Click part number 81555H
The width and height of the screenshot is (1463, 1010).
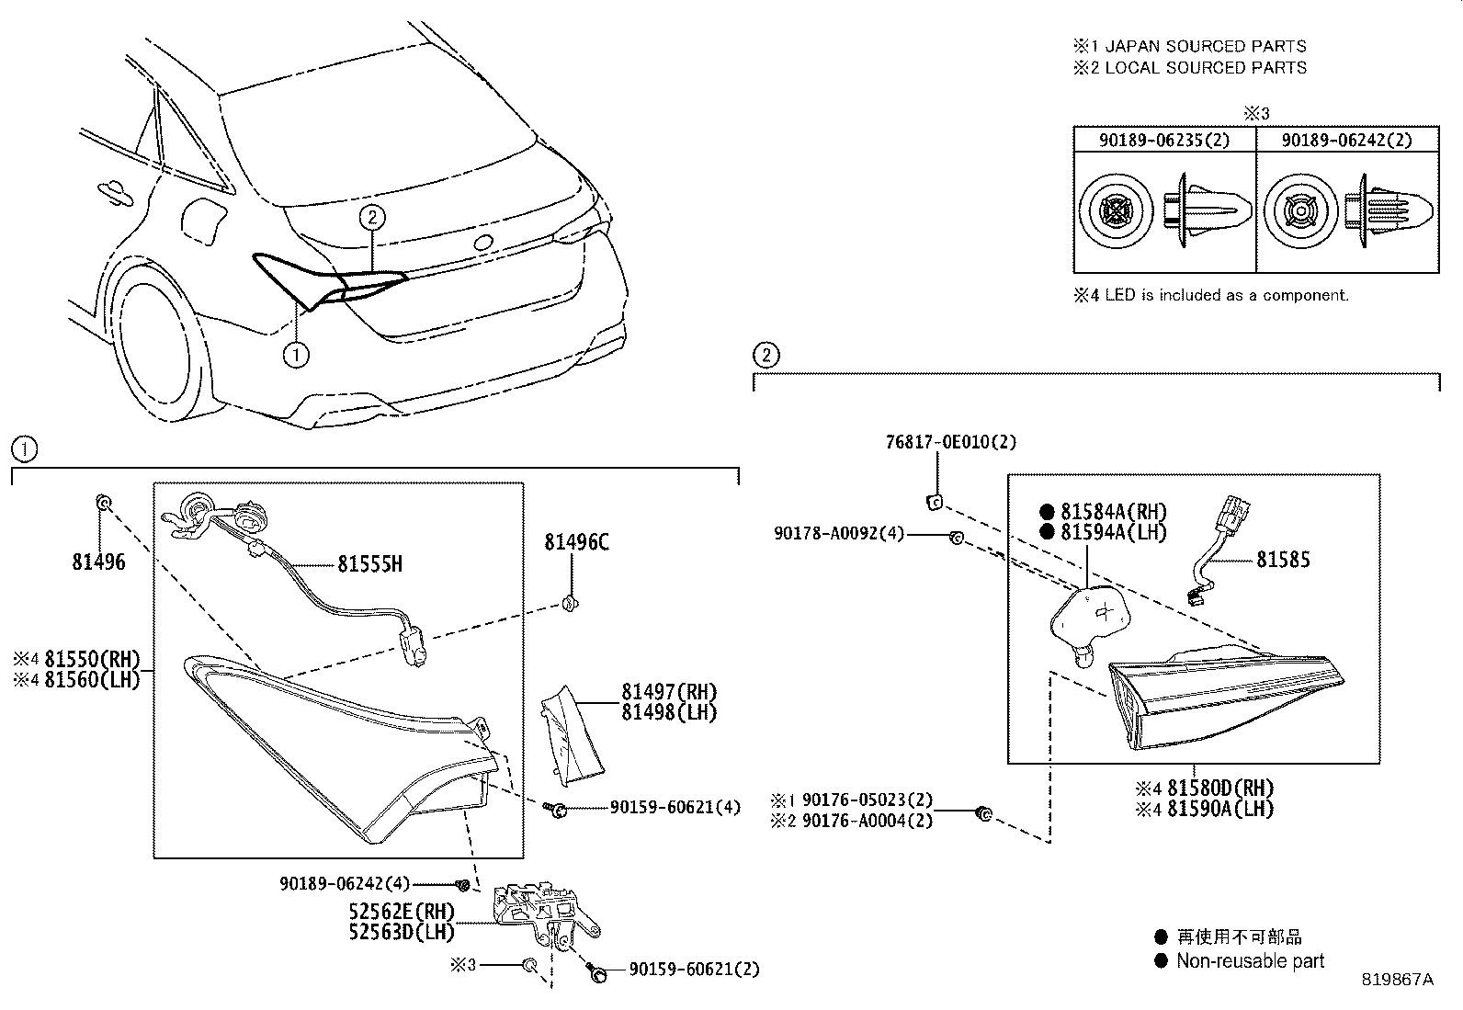point(369,563)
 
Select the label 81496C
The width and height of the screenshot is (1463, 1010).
point(576,541)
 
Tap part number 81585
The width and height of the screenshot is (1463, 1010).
point(1283,560)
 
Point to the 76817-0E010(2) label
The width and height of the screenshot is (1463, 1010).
point(951,442)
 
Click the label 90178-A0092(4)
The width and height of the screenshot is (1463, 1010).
point(839,532)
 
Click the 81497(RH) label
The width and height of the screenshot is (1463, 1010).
point(668,692)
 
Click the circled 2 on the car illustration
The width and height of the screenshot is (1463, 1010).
point(371,217)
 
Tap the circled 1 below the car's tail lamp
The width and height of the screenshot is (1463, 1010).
point(296,354)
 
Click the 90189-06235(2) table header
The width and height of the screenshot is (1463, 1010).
point(1164,140)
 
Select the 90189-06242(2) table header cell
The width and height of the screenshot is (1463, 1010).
point(1346,140)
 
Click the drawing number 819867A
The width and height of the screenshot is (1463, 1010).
point(1397,980)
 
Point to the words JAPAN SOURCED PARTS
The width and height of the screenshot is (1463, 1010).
point(1204,46)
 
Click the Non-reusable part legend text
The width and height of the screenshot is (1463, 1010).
point(1250,961)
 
